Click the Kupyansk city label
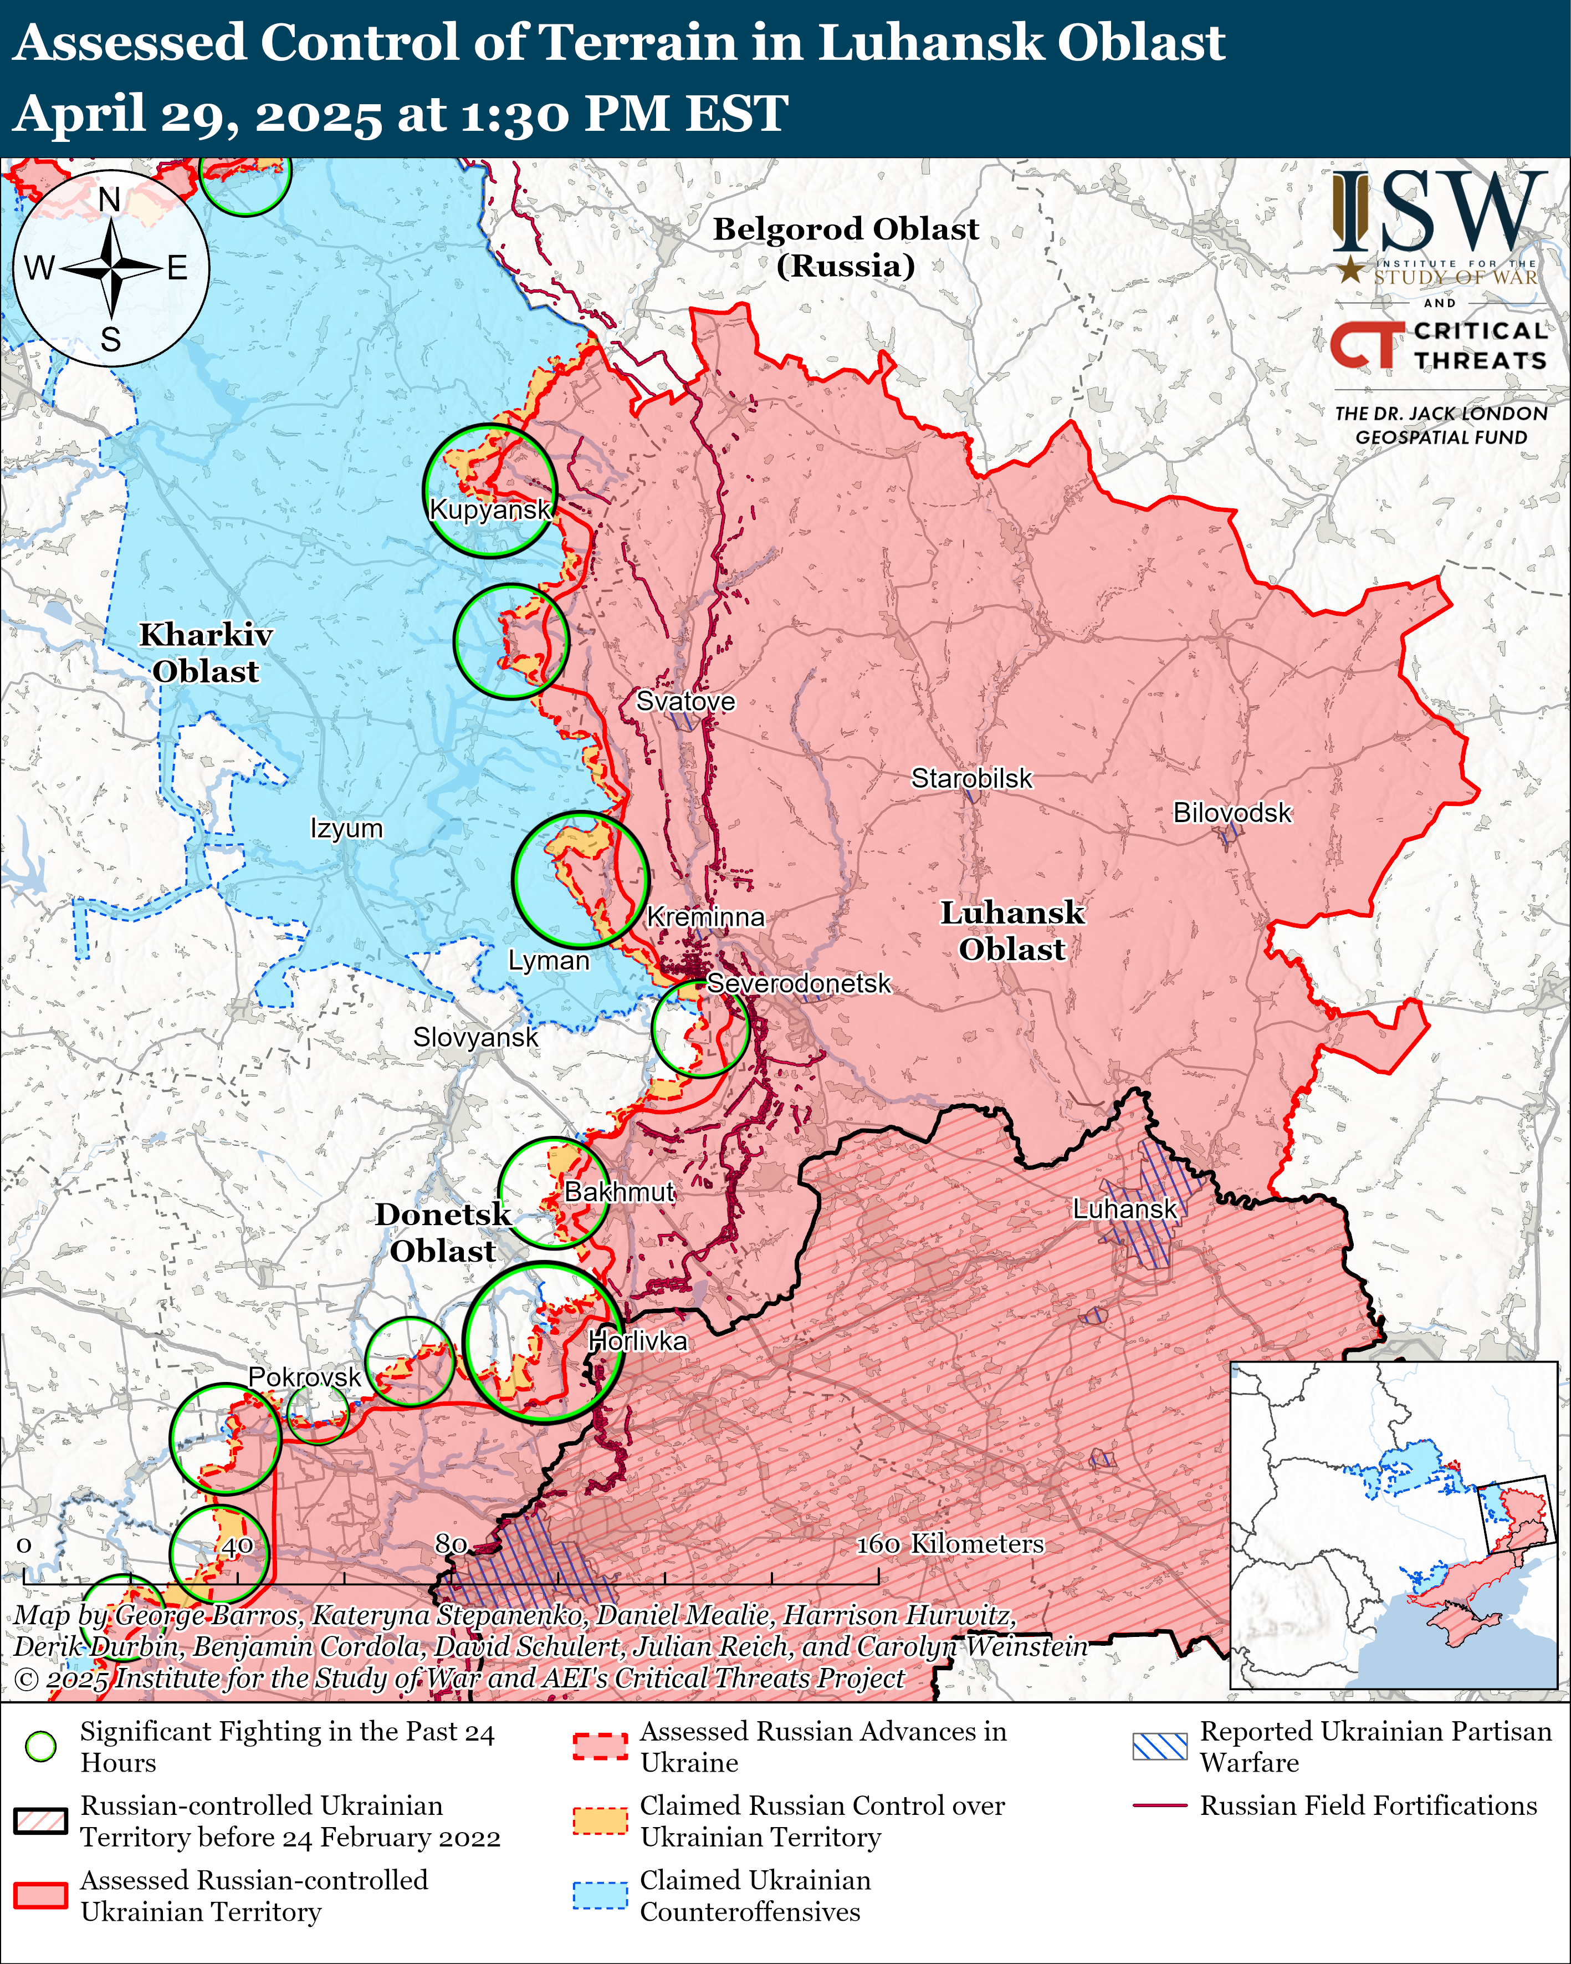coord(490,509)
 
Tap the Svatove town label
coord(685,701)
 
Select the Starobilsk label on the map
coord(972,779)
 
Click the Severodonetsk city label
coord(799,984)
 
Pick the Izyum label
coord(346,829)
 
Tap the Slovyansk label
coord(475,1038)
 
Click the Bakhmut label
coord(620,1192)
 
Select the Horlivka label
coord(637,1341)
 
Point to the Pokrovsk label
coord(305,1378)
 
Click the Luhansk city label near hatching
coord(1125,1210)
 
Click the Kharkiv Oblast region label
coord(205,653)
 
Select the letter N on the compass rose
coord(109,200)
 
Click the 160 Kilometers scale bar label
coord(950,1543)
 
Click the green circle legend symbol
coord(41,1746)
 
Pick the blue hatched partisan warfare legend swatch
coord(1159,1746)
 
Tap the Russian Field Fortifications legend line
coord(1159,1805)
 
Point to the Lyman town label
coord(548,961)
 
